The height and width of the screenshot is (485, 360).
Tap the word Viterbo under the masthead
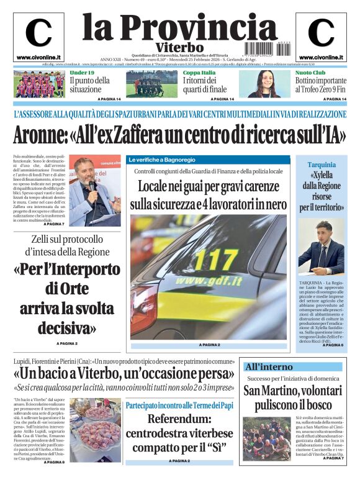point(179,47)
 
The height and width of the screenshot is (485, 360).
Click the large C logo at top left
point(38,33)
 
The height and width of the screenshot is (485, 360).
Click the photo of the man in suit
point(321,247)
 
